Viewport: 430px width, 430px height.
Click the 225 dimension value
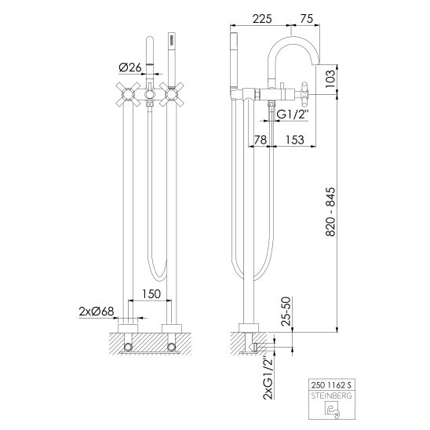tap(262, 19)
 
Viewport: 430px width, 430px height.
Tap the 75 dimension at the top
tap(307, 19)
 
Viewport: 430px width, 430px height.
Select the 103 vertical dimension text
tap(330, 79)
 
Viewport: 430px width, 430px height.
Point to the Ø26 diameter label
tap(130, 67)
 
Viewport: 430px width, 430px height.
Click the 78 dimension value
tap(261, 140)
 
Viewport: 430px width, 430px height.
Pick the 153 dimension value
tap(295, 140)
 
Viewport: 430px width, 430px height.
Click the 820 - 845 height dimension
tap(330, 212)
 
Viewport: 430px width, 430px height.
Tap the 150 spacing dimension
tap(151, 294)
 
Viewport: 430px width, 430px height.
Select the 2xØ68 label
tap(97, 312)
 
